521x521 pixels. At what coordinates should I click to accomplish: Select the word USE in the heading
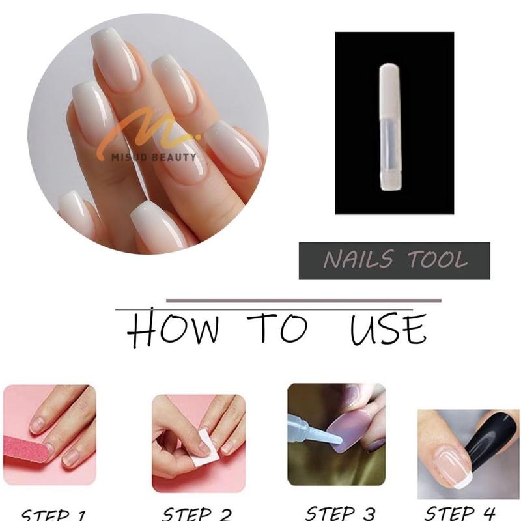click(x=387, y=330)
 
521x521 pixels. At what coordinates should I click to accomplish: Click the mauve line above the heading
click(x=303, y=301)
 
